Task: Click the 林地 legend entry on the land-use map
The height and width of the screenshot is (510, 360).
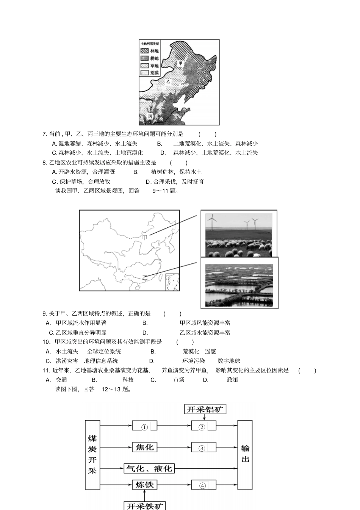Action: coord(149,51)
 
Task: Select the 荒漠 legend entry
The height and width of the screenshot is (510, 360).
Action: coord(149,72)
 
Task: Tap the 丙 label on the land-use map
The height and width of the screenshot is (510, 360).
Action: coord(150,116)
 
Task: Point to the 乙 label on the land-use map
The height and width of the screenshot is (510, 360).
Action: coord(168,81)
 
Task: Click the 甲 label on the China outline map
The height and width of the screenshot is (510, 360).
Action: coord(145,238)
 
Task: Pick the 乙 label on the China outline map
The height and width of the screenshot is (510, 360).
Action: coord(144,278)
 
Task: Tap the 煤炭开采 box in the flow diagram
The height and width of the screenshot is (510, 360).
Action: coord(92,455)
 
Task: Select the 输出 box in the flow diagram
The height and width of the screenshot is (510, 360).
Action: coord(245,455)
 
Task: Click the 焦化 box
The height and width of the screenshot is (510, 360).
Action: coord(144,447)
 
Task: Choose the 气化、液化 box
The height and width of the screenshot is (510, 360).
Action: coord(149,469)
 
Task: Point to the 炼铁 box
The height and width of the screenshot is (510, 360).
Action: coord(144,485)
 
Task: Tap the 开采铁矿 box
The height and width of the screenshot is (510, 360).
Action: coord(145,506)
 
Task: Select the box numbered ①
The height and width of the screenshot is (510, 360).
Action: coord(144,427)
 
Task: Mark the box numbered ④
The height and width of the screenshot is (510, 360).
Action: coord(203,485)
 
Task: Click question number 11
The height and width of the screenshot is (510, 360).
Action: coord(46,371)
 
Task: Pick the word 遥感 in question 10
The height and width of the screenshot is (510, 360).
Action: coord(210,352)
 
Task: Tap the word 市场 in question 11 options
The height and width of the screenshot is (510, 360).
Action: coord(179,380)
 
